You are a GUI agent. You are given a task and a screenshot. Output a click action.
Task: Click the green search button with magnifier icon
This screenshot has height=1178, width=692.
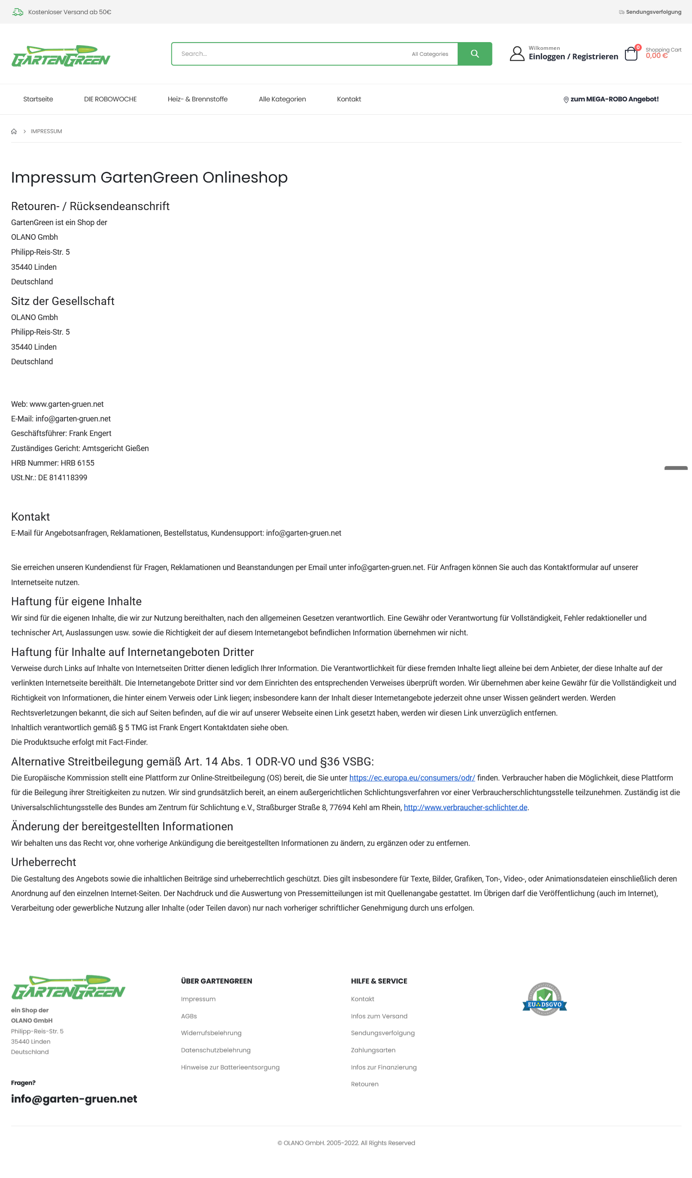pyautogui.click(x=474, y=54)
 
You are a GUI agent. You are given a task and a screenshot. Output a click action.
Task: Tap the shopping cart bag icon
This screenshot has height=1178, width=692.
pyautogui.click(x=631, y=54)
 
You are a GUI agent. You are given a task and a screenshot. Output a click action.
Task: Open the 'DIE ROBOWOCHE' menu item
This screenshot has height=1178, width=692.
pyautogui.click(x=110, y=99)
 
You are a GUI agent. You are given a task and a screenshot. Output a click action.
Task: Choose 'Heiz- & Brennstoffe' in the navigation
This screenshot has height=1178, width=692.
pyautogui.click(x=197, y=99)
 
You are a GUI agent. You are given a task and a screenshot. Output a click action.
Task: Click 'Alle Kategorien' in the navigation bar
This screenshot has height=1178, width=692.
pyautogui.click(x=282, y=99)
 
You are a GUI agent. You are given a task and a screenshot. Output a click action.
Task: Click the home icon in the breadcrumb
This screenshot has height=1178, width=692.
pyautogui.click(x=14, y=131)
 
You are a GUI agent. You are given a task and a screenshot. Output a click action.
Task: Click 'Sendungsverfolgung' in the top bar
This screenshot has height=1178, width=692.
pyautogui.click(x=653, y=12)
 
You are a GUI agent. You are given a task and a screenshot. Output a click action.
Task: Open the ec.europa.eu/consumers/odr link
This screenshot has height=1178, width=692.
pyautogui.click(x=412, y=778)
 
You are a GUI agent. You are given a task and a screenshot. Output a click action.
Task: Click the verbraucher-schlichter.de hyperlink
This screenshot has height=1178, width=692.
pyautogui.click(x=465, y=807)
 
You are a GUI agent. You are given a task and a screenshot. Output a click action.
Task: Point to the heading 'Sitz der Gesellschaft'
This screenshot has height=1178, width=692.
pyautogui.click(x=63, y=301)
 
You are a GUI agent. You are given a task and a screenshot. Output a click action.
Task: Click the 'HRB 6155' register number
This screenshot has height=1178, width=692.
pyautogui.click(x=78, y=463)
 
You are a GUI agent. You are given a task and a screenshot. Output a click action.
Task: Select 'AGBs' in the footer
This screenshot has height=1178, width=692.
pyautogui.click(x=189, y=1016)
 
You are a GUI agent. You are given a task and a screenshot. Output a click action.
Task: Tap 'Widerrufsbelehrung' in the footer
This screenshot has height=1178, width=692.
pyautogui.click(x=211, y=1033)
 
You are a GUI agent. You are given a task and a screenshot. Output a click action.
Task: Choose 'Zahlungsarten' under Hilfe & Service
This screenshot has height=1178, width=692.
pyautogui.click(x=373, y=1050)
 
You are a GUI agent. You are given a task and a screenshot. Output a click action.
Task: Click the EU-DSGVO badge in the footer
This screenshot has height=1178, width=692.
pyautogui.click(x=544, y=999)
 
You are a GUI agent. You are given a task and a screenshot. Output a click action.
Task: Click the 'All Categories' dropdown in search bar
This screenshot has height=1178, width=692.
pyautogui.click(x=430, y=54)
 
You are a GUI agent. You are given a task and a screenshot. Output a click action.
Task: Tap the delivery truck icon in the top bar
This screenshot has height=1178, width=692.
pyautogui.click(x=18, y=12)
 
